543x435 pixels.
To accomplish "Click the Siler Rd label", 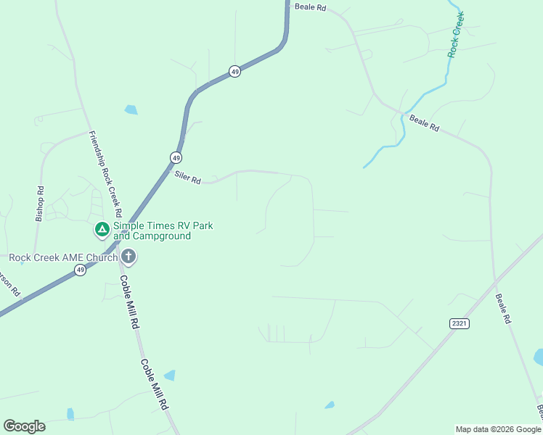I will coord(187,177).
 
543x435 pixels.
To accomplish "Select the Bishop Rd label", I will coord(40,204).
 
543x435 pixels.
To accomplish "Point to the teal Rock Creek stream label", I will coord(456,34).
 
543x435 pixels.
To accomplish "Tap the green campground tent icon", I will coord(102,230).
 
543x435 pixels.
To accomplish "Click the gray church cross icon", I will coord(128,256).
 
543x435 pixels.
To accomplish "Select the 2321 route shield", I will coord(460,323).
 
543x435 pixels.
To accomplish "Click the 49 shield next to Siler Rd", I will coord(176,157).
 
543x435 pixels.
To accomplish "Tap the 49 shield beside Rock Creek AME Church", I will coord(80,270).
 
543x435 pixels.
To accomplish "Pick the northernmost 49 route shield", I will coord(234,71).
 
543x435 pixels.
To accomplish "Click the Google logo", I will coord(24,426).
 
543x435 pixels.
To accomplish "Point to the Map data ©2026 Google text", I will coord(498,429).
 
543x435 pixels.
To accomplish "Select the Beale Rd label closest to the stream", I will coord(425,123).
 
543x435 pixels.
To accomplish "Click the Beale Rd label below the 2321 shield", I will coord(504,308).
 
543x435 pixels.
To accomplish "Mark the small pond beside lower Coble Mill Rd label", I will coord(170,376).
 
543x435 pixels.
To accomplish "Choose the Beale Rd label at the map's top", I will coord(311,7).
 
